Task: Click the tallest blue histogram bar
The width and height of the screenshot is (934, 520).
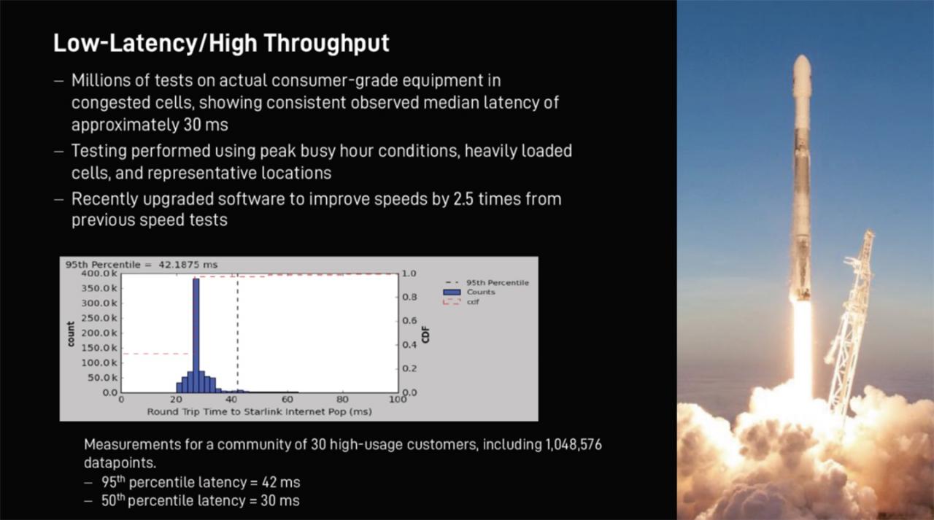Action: point(196,335)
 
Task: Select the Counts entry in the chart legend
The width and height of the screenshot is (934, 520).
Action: point(480,292)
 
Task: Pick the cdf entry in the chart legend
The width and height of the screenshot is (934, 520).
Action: point(472,301)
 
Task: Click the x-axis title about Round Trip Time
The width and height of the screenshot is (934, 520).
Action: point(259,411)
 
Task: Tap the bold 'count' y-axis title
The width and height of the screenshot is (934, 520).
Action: point(70,333)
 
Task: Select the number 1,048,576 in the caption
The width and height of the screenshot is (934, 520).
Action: point(573,445)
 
